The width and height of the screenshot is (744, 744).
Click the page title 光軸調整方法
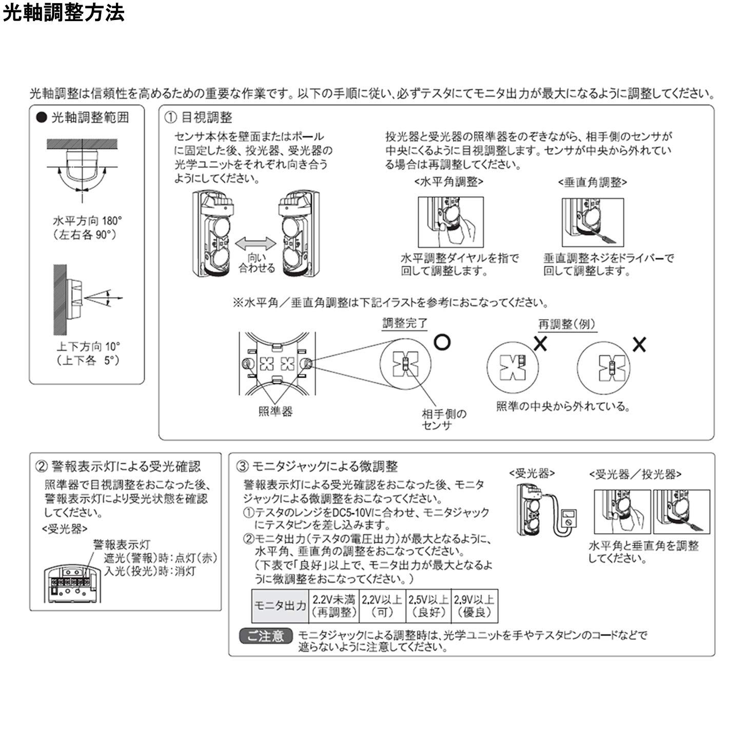(x=64, y=13)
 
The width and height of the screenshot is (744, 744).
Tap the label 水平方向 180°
(x=87, y=221)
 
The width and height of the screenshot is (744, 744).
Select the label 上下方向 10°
(x=88, y=347)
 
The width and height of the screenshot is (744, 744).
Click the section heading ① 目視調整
(x=198, y=118)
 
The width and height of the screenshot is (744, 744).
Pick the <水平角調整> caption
(x=448, y=182)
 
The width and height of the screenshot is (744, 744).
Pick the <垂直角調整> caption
(x=592, y=182)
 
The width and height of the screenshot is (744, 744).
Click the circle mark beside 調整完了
(x=442, y=342)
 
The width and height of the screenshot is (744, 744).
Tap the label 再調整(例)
(x=566, y=324)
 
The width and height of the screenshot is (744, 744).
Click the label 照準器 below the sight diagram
(x=275, y=412)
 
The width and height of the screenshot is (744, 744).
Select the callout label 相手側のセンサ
(x=444, y=419)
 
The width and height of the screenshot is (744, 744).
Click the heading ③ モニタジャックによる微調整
(x=317, y=466)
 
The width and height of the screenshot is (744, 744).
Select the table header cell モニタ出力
(x=280, y=606)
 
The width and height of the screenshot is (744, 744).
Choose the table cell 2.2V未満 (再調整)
(x=334, y=606)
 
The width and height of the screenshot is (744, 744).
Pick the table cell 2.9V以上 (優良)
(x=474, y=606)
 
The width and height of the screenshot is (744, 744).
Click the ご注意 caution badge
(x=265, y=636)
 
